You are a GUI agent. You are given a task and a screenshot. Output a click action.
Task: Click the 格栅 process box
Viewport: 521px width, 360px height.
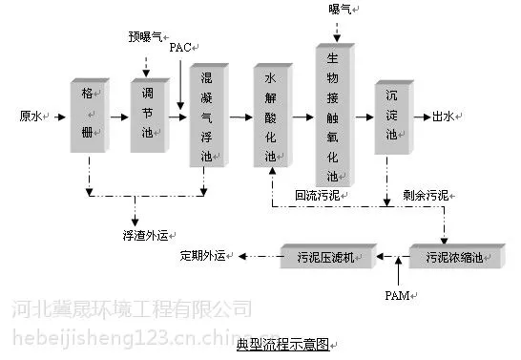90,116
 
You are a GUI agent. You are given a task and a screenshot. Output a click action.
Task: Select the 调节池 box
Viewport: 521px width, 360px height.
150,116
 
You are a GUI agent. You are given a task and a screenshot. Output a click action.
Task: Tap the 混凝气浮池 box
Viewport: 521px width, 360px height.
209,115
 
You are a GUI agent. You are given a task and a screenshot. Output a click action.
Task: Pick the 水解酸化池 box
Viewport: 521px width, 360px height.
273,115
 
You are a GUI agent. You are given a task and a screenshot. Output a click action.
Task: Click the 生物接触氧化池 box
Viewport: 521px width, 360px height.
335,115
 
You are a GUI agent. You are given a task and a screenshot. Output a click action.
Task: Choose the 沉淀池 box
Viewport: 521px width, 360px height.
394,117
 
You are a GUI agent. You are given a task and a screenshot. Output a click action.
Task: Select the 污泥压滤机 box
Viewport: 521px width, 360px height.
328,256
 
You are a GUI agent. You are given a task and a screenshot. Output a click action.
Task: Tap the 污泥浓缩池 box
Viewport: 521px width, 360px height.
457,256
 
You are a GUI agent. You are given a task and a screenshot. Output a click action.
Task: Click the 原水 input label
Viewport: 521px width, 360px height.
31,116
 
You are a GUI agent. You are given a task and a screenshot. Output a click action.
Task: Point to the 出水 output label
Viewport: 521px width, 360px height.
444,116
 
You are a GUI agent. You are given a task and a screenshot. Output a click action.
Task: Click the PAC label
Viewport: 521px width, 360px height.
180,48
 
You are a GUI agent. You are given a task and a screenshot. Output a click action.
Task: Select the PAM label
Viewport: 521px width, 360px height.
397,295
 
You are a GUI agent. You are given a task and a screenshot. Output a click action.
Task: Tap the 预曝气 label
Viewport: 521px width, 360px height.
145,36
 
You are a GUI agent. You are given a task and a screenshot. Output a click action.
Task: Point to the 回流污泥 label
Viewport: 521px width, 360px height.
318,196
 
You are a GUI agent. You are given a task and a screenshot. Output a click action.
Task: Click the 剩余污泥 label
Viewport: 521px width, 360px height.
426,196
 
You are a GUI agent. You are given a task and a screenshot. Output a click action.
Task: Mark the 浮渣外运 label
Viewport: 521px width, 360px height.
146,236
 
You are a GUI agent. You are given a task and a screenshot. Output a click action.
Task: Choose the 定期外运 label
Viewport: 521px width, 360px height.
202,256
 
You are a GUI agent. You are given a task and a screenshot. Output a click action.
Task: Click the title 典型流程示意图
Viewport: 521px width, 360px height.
282,345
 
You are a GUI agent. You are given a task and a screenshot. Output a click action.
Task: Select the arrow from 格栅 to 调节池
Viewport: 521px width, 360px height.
119,117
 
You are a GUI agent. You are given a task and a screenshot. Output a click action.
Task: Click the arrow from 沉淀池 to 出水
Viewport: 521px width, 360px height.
423,117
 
